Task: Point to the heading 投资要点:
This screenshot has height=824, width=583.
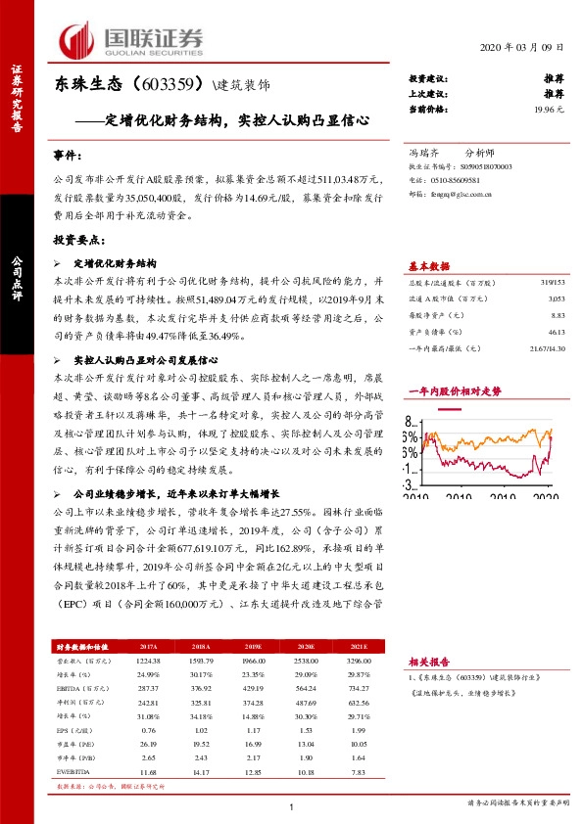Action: tap(77, 239)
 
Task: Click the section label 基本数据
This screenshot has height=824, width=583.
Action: tap(428, 265)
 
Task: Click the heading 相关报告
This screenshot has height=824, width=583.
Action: tap(428, 662)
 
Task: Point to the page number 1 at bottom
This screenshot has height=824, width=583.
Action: tap(291, 805)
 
